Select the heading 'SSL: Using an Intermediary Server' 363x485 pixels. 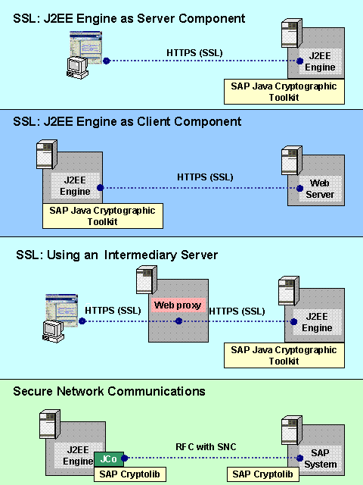116,255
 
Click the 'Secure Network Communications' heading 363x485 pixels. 109,391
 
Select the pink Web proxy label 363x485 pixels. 173,305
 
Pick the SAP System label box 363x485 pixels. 320,458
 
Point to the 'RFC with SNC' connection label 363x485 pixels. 206,447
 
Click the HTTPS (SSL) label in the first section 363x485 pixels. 194,52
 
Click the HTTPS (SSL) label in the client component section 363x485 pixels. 205,177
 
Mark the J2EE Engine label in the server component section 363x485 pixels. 320,62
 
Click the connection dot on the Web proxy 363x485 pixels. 178,321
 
